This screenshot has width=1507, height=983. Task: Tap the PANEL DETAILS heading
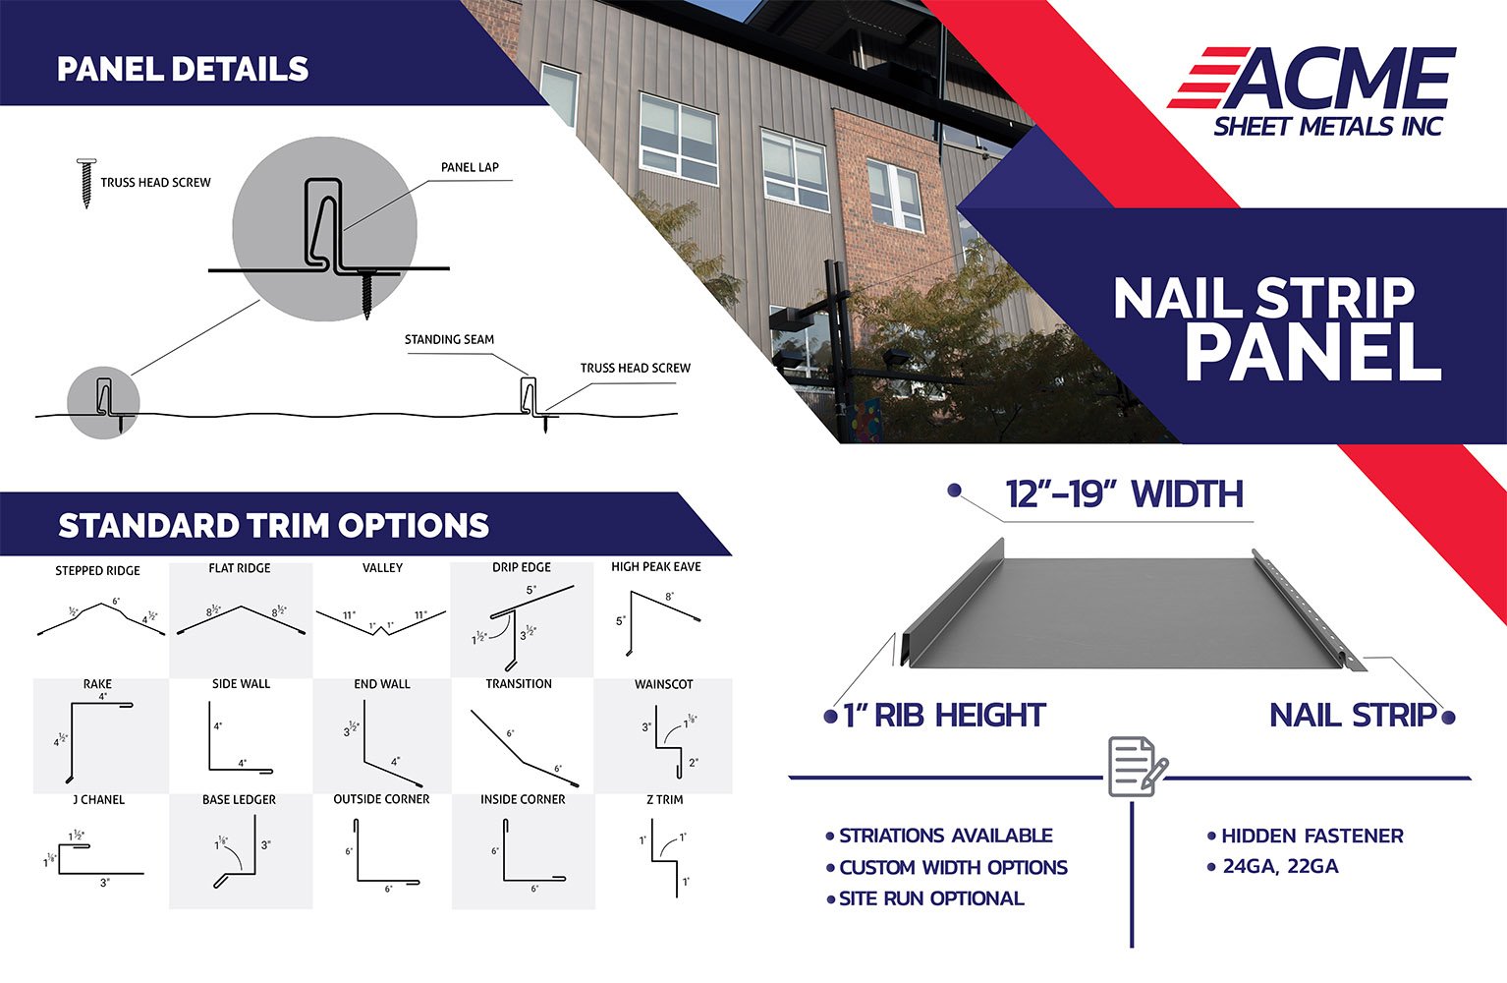[x=183, y=69]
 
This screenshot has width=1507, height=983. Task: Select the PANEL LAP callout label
[x=470, y=167]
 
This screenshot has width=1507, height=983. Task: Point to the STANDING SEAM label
[x=449, y=339]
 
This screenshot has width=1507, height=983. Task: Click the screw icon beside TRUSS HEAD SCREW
[x=86, y=183]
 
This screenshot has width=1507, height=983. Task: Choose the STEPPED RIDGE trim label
[x=97, y=570]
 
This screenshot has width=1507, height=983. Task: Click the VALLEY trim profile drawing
[x=381, y=623]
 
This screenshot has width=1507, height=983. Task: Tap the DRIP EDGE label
[x=522, y=567]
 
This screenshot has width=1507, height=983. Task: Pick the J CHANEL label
[x=98, y=799]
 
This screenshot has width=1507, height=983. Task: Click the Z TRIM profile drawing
[x=665, y=858]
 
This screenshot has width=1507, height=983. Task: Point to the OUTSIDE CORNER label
[x=381, y=798]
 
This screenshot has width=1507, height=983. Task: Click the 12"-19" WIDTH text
[x=1124, y=493]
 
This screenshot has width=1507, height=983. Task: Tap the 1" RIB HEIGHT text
[x=944, y=715]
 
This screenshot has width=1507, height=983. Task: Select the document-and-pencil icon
[x=1138, y=766]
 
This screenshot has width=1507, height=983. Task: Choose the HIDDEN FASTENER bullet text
[x=1312, y=836]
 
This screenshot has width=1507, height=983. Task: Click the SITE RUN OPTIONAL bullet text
[x=931, y=898]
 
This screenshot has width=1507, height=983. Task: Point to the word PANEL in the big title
[x=1312, y=353]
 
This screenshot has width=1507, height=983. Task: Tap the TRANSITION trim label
[x=519, y=683]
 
